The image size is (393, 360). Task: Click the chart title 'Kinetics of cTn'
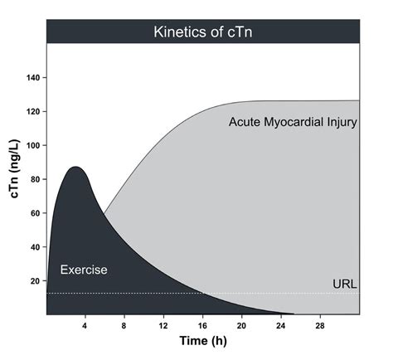[202, 32]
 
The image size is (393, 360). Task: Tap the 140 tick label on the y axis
[33, 77]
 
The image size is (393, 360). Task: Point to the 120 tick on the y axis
[33, 111]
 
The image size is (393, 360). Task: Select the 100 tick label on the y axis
[33, 145]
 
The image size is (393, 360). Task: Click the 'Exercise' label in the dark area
[84, 270]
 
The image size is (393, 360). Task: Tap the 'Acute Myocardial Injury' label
[293, 123]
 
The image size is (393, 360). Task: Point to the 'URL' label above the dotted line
[344, 284]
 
